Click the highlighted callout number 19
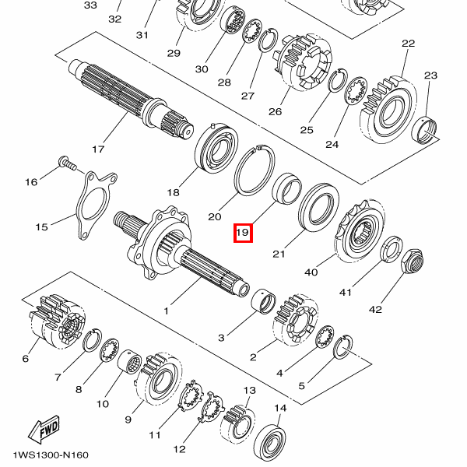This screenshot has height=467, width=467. coord(243,233)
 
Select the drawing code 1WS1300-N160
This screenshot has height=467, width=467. coord(51,455)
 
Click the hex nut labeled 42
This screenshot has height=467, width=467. coord(413,262)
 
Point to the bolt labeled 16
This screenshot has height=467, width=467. coord(68,163)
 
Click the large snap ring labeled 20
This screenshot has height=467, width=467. coord(255,171)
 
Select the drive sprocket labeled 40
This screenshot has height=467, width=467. coord(360,231)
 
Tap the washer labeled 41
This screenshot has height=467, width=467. coord(392,249)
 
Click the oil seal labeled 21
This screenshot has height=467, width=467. coord(318,207)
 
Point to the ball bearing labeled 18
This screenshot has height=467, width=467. coord(216,149)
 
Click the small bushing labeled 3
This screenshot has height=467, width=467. coord(264,300)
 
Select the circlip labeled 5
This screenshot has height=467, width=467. coord(344,347)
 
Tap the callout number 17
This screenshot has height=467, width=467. coord(98,149)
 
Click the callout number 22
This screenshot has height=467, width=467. coord(408,44)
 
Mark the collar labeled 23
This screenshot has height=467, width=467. coord(424,129)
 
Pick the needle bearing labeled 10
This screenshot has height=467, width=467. coord(129,362)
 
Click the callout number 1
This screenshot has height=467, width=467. coord(167,311)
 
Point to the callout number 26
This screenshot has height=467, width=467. coord(275,111)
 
